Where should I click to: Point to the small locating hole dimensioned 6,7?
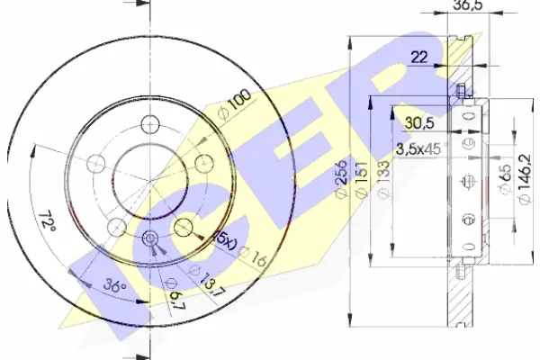tap(150, 238)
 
